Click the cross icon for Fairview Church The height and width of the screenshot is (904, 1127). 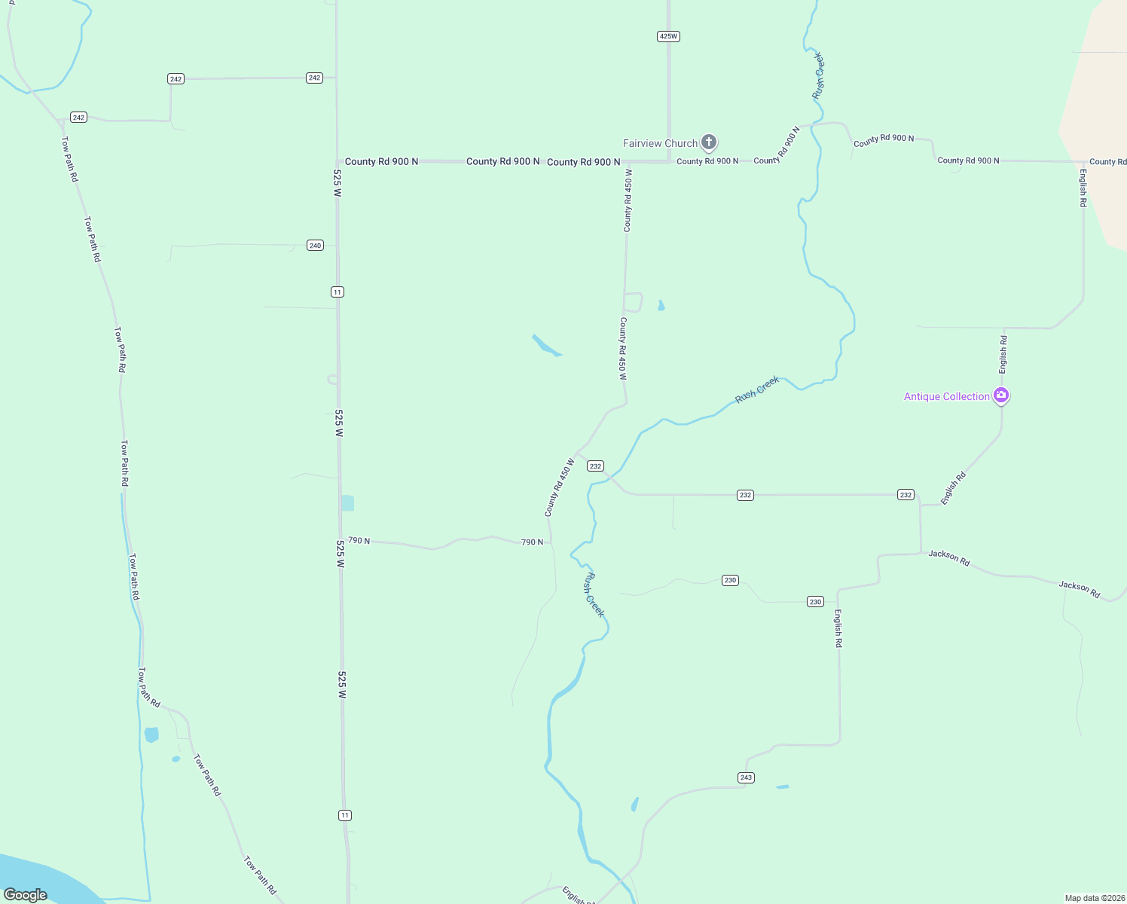coord(708,142)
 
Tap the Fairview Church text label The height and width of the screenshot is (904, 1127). coord(660,143)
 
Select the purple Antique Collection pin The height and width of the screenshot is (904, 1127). coord(1001,395)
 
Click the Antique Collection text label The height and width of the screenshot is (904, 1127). coord(946,396)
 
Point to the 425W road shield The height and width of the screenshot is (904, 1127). coord(668,36)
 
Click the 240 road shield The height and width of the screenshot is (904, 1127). coord(315,245)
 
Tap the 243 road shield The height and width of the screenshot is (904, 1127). coord(746,777)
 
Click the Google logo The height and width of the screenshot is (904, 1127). coord(26,894)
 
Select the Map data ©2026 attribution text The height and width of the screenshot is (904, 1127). coord(1095,898)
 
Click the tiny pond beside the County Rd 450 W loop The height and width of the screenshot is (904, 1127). coord(661,305)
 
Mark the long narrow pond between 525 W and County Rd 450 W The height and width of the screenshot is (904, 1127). coord(546,345)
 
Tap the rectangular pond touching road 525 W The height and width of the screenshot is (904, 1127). coord(347,502)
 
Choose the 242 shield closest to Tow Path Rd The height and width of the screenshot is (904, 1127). coord(78,117)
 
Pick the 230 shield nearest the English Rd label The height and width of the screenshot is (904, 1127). coord(815,601)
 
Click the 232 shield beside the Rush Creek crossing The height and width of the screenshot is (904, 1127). coord(595,466)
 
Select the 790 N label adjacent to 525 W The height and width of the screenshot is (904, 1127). coord(359,541)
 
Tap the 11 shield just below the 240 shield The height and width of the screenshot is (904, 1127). coord(337,292)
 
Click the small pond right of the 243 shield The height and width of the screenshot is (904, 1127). coord(783,786)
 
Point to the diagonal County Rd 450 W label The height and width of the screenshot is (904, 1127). coord(559,487)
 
